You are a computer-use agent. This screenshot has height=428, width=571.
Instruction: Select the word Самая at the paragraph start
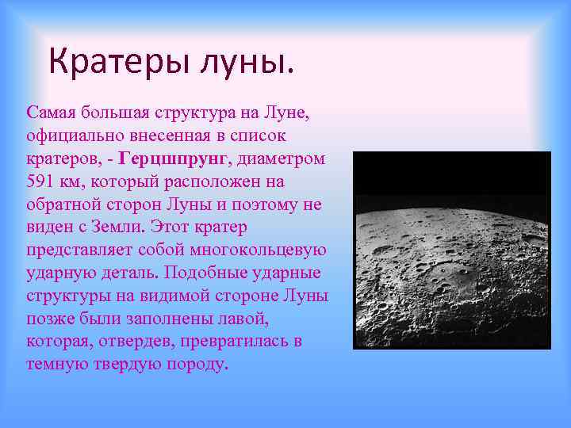tap(50, 112)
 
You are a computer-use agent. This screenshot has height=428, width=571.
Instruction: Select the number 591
tap(40, 182)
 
